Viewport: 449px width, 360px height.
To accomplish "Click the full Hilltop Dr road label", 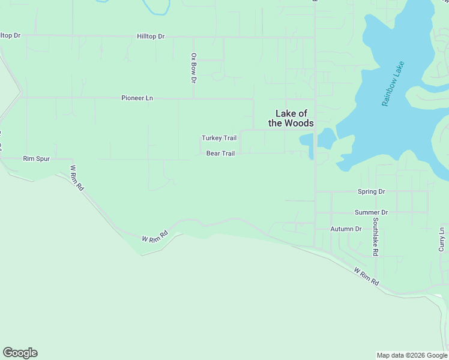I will (151, 36).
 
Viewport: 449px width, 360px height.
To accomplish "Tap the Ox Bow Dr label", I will (193, 68).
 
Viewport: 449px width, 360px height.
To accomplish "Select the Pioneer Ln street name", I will (137, 98).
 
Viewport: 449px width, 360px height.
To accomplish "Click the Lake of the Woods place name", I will (291, 118).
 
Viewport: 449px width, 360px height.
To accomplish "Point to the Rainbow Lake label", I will (393, 84).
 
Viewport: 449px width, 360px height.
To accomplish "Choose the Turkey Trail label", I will (219, 138).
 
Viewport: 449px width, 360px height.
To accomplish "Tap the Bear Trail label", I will (220, 154).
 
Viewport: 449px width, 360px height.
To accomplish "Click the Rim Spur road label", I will (36, 159).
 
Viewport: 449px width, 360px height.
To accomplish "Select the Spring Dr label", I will (371, 192).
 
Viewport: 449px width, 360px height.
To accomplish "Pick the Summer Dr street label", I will (372, 212).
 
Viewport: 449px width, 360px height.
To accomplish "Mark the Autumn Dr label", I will (346, 229).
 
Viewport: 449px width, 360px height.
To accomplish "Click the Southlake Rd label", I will (375, 236).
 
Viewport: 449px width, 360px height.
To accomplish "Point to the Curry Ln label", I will (442, 239).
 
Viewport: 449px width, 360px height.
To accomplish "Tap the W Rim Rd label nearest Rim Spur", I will (77, 178).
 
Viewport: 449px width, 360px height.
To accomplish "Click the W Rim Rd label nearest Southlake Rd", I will (367, 277).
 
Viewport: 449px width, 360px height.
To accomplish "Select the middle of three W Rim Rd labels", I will (154, 237).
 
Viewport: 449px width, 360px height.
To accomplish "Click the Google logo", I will (20, 353).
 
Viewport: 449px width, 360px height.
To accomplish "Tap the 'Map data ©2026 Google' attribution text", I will (412, 355).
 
